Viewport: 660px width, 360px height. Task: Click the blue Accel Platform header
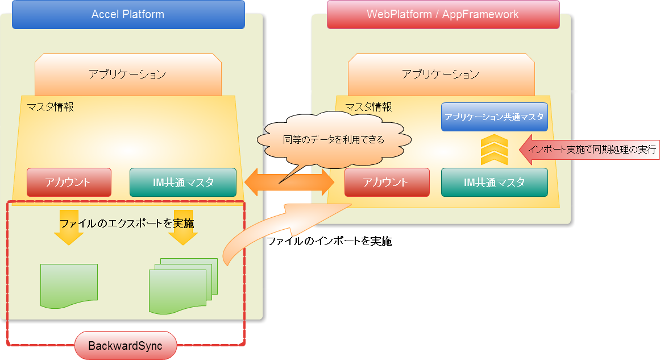pyautogui.click(x=128, y=15)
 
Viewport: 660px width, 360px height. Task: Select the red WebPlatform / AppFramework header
pyautogui.click(x=443, y=15)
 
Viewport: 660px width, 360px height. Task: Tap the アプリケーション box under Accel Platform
pyautogui.click(x=128, y=75)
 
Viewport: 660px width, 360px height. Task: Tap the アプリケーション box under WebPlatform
pyautogui.click(x=441, y=75)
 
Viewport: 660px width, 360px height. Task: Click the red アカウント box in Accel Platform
pyautogui.click(x=69, y=183)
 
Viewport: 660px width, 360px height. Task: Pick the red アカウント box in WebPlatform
pyautogui.click(x=387, y=183)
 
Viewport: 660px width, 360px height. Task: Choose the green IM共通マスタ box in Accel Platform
pyautogui.click(x=182, y=183)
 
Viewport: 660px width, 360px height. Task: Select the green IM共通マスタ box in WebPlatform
pyautogui.click(x=494, y=183)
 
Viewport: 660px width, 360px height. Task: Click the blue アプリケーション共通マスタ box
pyautogui.click(x=494, y=117)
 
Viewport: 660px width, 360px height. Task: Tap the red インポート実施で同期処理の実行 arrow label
pyautogui.click(x=588, y=150)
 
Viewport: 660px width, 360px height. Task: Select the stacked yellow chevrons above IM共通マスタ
pyautogui.click(x=494, y=150)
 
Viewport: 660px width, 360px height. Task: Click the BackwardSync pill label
pyautogui.click(x=126, y=345)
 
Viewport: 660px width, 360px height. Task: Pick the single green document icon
pyautogui.click(x=69, y=286)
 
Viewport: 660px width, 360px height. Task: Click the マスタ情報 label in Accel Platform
pyautogui.click(x=50, y=106)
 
